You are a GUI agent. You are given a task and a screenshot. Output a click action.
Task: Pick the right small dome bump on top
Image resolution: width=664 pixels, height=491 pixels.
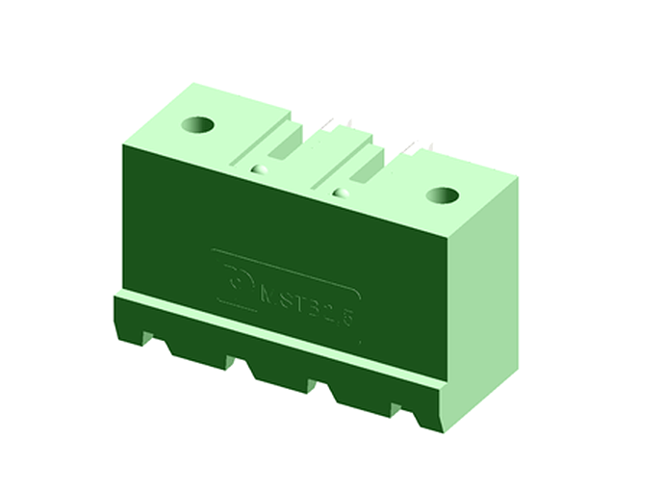click(x=339, y=193)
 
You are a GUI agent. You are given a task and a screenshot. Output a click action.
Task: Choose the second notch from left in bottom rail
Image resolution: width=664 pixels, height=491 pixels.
click(x=238, y=362)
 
